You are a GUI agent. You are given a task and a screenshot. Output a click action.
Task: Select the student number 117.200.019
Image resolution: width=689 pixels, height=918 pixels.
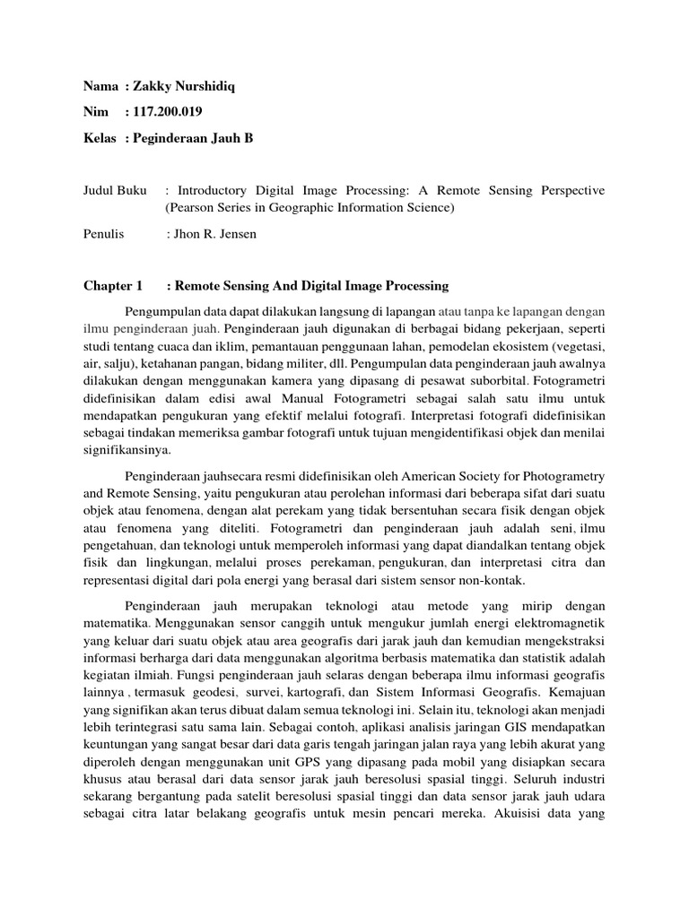[x=167, y=112]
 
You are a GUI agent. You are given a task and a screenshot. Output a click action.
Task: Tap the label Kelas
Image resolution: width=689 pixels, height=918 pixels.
[x=100, y=138]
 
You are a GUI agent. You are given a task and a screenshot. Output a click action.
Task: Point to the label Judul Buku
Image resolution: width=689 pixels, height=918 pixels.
[x=116, y=191]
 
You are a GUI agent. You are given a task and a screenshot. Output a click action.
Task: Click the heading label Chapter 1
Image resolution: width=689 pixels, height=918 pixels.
[x=113, y=286]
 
